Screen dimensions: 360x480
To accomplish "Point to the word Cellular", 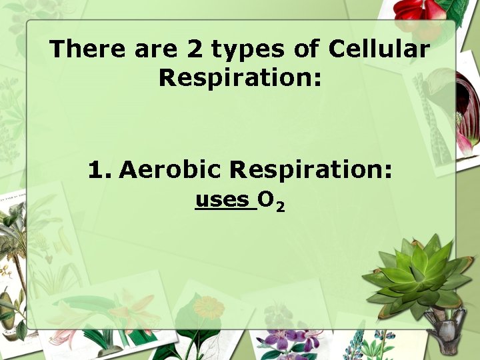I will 379,49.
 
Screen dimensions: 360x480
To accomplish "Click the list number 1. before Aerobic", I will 100,170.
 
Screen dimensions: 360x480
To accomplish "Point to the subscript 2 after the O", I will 281,208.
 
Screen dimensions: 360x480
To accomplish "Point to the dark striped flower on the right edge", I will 467,107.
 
